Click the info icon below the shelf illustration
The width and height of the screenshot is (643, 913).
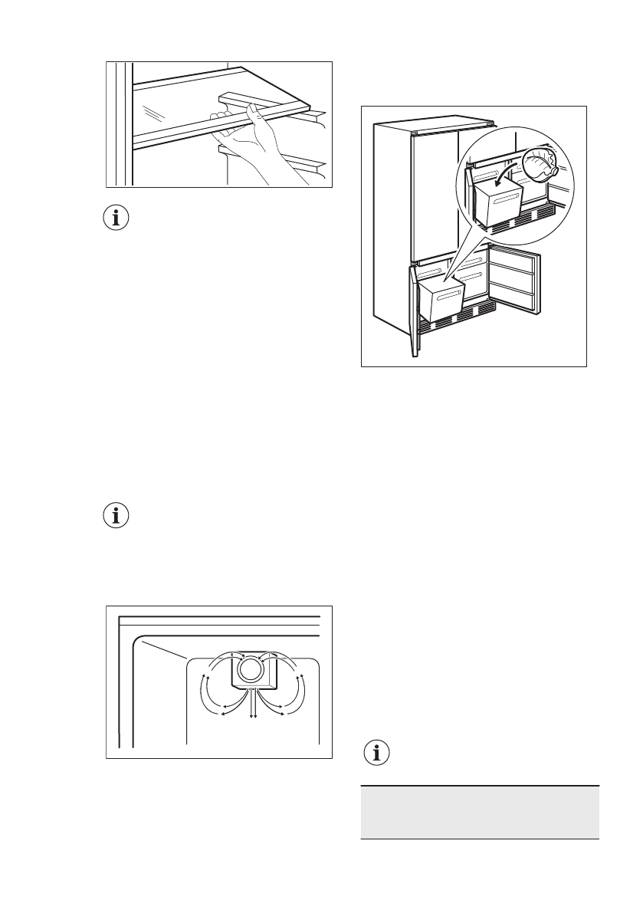pyautogui.click(x=116, y=218)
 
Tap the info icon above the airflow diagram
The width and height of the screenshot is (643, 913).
pyautogui.click(x=116, y=516)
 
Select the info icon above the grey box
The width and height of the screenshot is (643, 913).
pyautogui.click(x=375, y=753)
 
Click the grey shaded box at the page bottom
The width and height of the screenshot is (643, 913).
pyautogui.click(x=479, y=812)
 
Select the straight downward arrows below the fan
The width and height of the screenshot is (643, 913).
pyautogui.click(x=253, y=704)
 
